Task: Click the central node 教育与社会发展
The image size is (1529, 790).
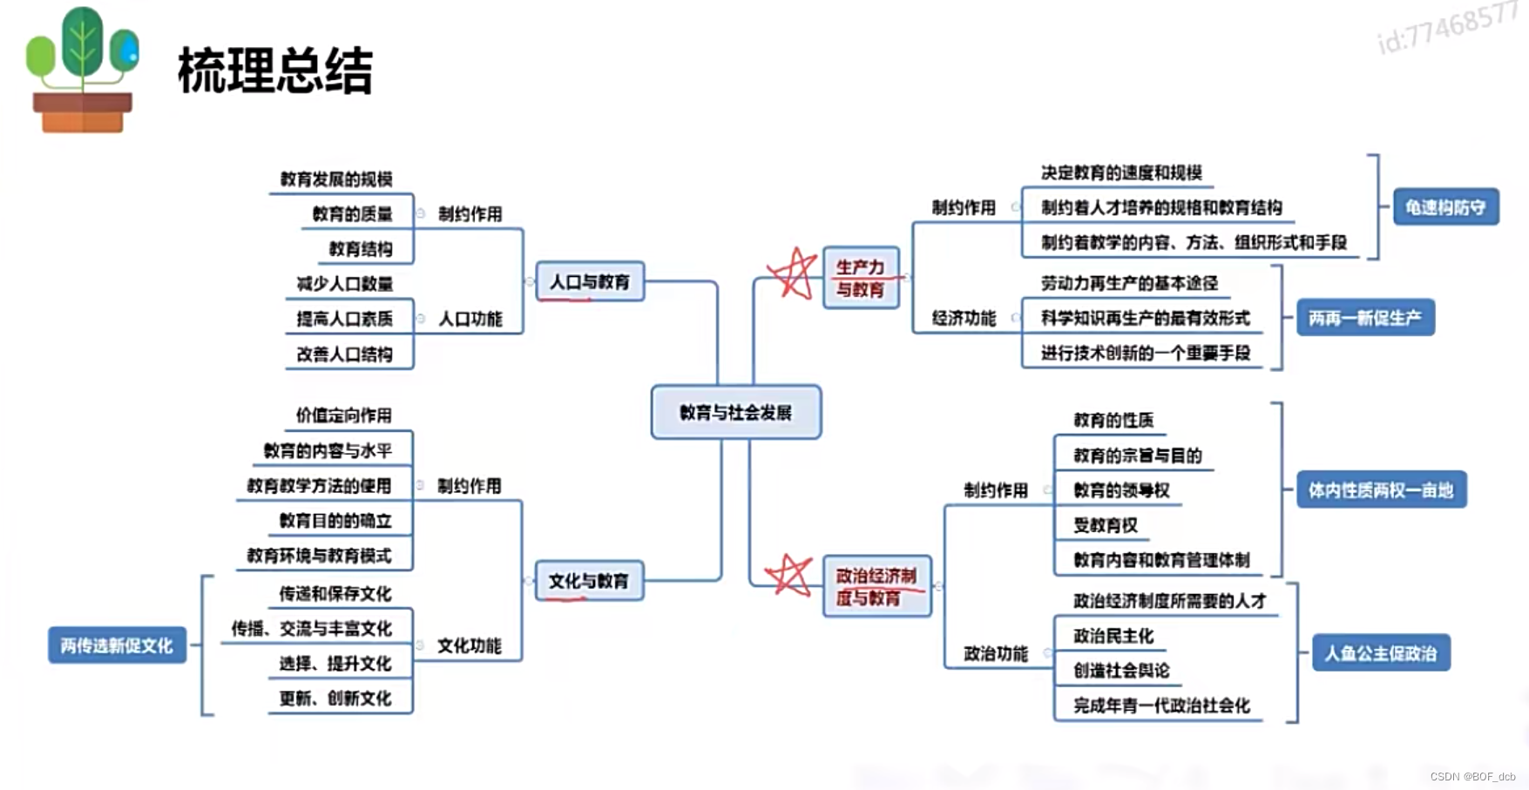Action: pos(735,412)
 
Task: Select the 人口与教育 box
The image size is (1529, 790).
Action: pos(590,281)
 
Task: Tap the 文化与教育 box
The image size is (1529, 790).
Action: pos(589,581)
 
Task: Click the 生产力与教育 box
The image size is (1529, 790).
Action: pos(861,278)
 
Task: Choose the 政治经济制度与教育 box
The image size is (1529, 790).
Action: pos(876,586)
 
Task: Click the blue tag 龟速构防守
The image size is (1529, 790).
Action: pos(1445,207)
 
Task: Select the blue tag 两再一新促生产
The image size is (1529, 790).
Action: pos(1364,318)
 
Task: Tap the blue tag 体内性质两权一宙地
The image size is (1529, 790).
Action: pos(1381,490)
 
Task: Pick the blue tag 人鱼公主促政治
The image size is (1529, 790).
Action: pos(1381,653)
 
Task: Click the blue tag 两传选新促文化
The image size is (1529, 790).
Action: pos(117,645)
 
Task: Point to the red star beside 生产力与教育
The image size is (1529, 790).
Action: pos(793,273)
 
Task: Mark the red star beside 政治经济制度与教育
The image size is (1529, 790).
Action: pos(788,576)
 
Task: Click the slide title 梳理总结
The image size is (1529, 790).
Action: pos(275,71)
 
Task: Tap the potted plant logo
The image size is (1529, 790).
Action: pos(83,70)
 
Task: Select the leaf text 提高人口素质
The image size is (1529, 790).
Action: pos(345,319)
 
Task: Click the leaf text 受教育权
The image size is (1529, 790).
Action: pos(1106,525)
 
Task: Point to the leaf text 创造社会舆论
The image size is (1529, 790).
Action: pos(1121,671)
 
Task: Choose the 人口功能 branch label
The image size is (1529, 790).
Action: pos(470,319)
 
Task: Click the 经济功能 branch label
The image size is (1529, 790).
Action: pos(964,318)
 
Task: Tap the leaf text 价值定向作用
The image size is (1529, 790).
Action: pos(344,415)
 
